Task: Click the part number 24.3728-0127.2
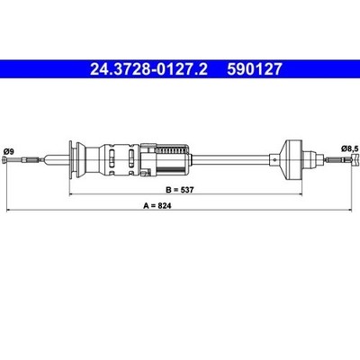click(x=148, y=69)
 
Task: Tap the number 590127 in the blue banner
click(x=255, y=69)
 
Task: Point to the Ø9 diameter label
click(x=7, y=151)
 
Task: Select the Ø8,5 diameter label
click(x=350, y=148)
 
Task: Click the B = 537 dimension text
click(x=180, y=190)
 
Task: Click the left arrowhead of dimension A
click(x=9, y=211)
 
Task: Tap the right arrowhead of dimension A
click(x=348, y=211)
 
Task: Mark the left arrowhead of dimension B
click(x=72, y=194)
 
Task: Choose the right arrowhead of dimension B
click(x=299, y=194)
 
